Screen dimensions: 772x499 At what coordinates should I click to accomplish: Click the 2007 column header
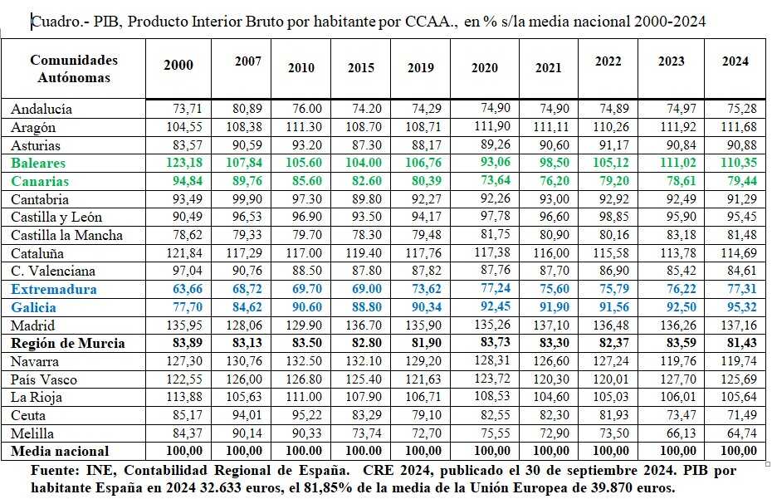(247, 61)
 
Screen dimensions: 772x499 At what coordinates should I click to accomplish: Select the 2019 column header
(421, 67)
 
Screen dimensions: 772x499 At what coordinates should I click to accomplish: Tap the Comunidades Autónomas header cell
(74, 68)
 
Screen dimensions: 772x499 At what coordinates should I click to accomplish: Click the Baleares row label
(38, 163)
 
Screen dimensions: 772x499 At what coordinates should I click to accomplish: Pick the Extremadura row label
(54, 289)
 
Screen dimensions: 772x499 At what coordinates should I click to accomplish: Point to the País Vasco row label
(44, 379)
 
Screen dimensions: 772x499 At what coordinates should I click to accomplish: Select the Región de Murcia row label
(68, 343)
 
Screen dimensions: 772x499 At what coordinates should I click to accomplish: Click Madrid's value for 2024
(739, 325)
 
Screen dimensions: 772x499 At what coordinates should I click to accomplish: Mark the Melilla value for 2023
(682, 433)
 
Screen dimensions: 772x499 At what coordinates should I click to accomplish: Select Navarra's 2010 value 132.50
(304, 360)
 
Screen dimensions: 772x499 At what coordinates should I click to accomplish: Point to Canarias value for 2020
(496, 180)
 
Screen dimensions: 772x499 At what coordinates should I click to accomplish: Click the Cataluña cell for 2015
(364, 253)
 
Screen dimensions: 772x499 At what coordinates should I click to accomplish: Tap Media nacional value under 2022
(611, 451)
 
